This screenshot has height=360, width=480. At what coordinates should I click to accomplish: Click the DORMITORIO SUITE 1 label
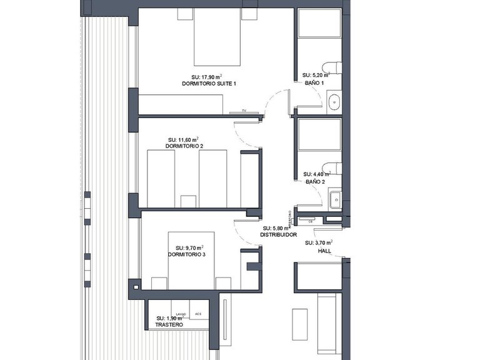209,84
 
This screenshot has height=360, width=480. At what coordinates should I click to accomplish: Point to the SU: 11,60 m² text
184,139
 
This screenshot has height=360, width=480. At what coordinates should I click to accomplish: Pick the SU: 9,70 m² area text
190,247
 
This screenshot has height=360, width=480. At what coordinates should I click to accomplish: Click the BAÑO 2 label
315,182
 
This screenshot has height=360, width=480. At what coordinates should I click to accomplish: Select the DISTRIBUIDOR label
278,236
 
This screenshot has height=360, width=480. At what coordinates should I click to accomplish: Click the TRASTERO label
169,326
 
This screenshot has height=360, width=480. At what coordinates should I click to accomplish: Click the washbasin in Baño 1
334,100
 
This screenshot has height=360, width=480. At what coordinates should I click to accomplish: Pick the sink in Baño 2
334,199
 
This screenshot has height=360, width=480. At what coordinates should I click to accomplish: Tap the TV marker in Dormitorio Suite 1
237,111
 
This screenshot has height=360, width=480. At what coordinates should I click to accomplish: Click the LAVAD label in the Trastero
181,314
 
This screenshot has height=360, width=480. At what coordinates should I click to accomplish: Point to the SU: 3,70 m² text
319,242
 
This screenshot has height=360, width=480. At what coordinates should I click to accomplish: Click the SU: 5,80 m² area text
276,229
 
